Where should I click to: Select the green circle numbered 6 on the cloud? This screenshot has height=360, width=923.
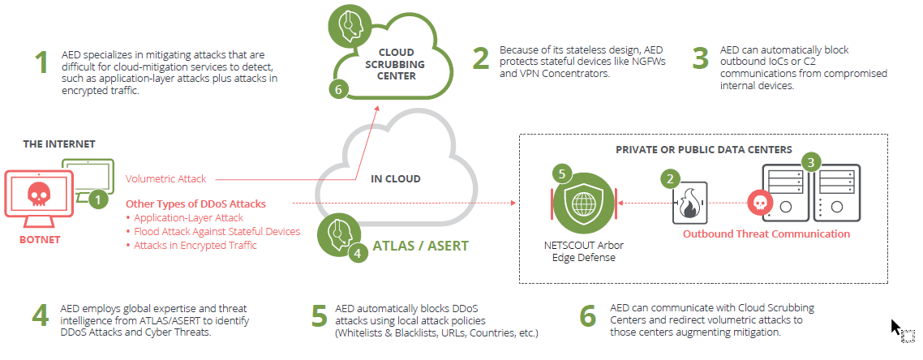point(340,89)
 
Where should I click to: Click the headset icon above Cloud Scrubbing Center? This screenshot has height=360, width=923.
point(348,25)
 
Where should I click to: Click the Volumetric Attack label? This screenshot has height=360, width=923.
point(166,179)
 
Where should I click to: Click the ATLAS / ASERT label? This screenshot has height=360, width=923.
point(421,246)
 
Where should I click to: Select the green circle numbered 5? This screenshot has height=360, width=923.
point(561,173)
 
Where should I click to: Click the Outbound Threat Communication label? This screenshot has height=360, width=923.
point(766,234)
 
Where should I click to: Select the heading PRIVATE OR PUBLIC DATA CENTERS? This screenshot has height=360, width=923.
point(703,150)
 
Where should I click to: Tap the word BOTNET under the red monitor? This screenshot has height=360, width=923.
point(40,241)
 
